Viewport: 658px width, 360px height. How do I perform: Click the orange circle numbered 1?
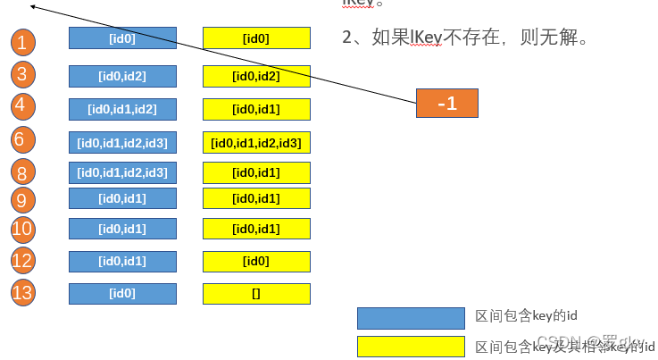pyautogui.click(x=24, y=41)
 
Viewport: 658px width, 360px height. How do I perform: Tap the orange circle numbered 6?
pyautogui.click(x=24, y=139)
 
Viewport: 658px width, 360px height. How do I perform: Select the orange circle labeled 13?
pyautogui.click(x=24, y=292)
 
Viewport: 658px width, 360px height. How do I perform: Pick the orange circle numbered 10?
pyautogui.click(x=24, y=230)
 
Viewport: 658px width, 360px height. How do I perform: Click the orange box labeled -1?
pyautogui.click(x=447, y=103)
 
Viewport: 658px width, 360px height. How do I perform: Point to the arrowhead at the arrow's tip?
pyautogui.click(x=33, y=6)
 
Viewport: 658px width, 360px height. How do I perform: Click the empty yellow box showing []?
pyautogui.click(x=256, y=293)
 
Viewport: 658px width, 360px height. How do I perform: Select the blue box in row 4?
pyautogui.click(x=122, y=109)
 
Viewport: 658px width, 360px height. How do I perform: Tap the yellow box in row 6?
pyautogui.click(x=256, y=142)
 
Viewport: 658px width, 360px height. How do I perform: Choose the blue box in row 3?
pyautogui.click(x=122, y=76)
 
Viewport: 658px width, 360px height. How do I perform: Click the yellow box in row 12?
pyautogui.click(x=256, y=261)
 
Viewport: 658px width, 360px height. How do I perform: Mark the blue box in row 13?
pyautogui.click(x=122, y=293)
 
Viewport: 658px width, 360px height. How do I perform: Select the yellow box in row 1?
pyautogui.click(x=256, y=38)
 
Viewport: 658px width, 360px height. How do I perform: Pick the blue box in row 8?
pyautogui.click(x=122, y=172)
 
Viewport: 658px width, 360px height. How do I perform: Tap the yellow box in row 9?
pyautogui.click(x=256, y=197)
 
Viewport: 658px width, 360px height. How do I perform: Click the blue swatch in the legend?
pyautogui.click(x=411, y=317)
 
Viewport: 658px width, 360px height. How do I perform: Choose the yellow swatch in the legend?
pyautogui.click(x=411, y=346)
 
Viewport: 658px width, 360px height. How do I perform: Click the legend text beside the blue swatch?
pyautogui.click(x=528, y=317)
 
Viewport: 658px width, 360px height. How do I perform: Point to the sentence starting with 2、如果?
pyautogui.click(x=464, y=38)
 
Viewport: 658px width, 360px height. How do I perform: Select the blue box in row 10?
pyautogui.click(x=122, y=229)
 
